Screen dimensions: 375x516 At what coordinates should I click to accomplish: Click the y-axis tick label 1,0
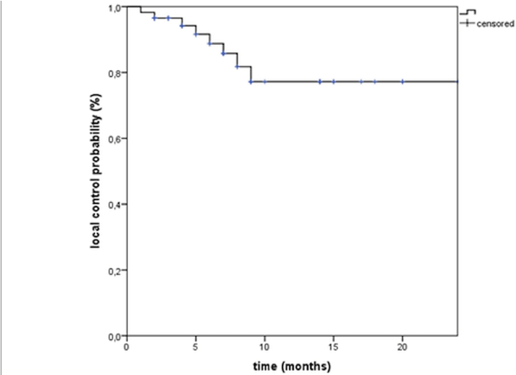[116, 8]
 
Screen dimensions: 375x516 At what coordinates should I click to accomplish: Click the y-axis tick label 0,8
[116, 73]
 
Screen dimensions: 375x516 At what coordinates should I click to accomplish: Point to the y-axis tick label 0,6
[116, 139]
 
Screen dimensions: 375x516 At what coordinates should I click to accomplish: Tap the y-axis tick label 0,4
[116, 205]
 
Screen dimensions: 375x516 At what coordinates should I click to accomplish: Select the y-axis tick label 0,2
[116, 270]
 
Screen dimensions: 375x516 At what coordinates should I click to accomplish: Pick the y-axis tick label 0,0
[116, 336]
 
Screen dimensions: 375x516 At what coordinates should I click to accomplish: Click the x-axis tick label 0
[127, 347]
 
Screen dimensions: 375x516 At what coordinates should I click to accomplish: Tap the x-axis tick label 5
[195, 347]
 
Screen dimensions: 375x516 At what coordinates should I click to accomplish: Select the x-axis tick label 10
[264, 347]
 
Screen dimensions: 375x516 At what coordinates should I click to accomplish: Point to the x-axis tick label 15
[333, 347]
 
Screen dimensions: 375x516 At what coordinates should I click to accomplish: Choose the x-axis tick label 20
[402, 347]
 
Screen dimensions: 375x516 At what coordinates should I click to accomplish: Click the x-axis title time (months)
[292, 366]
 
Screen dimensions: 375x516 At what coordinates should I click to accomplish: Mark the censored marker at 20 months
[402, 82]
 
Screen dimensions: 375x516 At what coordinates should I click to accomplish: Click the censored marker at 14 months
[320, 82]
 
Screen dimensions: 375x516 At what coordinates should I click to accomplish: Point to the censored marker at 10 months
[264, 82]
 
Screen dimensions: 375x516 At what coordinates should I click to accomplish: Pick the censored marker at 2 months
[154, 18]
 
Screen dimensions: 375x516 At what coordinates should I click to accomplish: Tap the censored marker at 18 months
[375, 82]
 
